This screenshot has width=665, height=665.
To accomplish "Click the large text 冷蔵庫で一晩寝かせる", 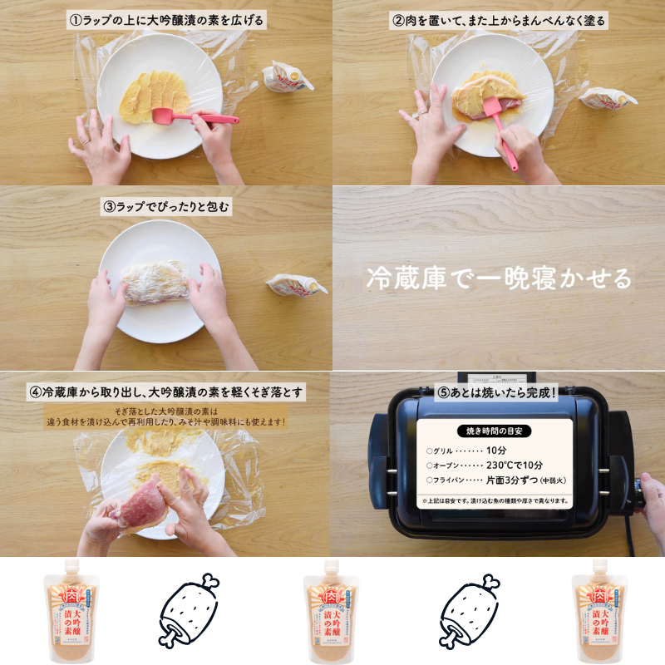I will coord(499,278).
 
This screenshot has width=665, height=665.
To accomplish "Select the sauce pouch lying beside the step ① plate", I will coord(287,77).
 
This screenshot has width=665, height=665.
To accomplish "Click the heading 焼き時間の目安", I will coord(496,431).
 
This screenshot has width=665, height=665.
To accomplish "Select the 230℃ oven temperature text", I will coord(514,465).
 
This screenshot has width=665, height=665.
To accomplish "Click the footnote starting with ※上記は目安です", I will coord(496,501).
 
